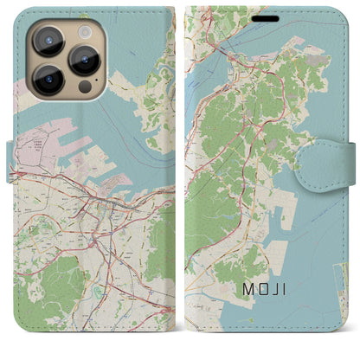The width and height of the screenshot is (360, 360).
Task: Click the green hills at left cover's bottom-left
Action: pyautogui.click(x=39, y=299)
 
